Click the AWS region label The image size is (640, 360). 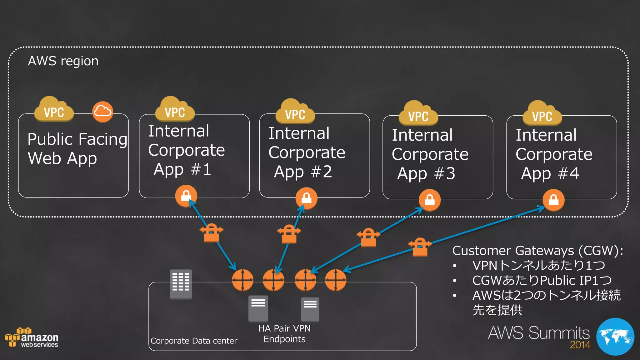click(x=63, y=61)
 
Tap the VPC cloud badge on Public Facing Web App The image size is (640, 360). click(x=54, y=110)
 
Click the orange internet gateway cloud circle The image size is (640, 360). click(x=102, y=112)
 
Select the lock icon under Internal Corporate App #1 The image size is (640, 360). click(x=186, y=196)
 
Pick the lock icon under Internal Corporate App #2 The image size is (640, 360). click(x=306, y=198)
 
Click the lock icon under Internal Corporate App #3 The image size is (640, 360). click(x=429, y=200)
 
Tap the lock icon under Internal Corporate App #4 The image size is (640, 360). click(x=553, y=200)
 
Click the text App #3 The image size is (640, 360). click(x=426, y=174)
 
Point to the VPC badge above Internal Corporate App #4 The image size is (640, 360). click(x=542, y=114)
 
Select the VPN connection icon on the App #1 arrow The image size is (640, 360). click(x=212, y=233)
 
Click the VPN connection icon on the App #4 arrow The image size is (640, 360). click(x=420, y=247)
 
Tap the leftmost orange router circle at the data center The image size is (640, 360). click(x=242, y=280)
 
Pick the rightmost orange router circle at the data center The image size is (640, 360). click(x=336, y=280)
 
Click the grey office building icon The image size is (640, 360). click(x=181, y=284)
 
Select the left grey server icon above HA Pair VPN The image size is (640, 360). click(x=258, y=308)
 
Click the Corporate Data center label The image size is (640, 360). click(x=194, y=341)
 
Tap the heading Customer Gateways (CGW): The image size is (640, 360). click(x=537, y=251)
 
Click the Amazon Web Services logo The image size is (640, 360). click(x=32, y=338)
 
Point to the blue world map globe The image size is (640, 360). click(x=615, y=337)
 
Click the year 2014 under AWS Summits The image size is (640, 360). click(x=580, y=345)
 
